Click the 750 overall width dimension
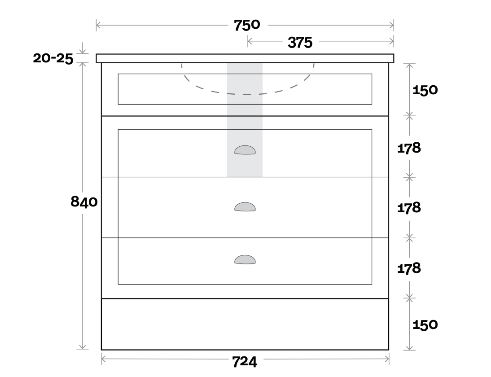[247, 26]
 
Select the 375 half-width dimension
[300, 43]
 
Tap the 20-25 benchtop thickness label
[53, 58]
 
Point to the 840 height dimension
[84, 202]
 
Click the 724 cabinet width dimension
[245, 362]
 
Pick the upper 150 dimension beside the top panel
[425, 90]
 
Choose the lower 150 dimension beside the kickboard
[425, 324]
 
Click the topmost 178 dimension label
[409, 148]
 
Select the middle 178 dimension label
[409, 208]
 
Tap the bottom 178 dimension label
[409, 268]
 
